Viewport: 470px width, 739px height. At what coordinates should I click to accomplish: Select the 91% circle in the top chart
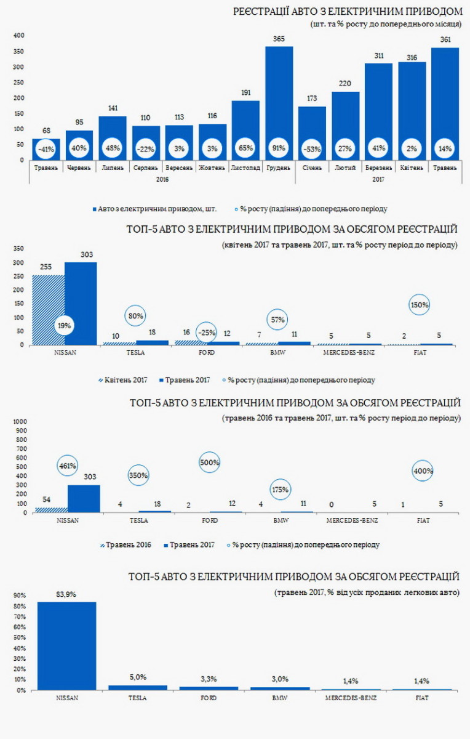coord(279,148)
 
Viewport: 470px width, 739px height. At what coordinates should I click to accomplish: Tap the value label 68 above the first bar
coord(46,130)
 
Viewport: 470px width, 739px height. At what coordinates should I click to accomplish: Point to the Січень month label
coord(312,168)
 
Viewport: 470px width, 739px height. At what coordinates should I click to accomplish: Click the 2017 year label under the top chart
coord(378,179)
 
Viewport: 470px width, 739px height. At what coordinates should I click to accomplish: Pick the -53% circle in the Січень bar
coord(312,148)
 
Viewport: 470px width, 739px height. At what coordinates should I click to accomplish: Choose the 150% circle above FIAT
coord(421,305)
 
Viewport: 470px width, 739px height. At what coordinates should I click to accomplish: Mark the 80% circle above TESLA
coord(136,316)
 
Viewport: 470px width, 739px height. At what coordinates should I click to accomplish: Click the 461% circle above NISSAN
coord(68,466)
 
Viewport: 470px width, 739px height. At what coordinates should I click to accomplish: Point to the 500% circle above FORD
coord(209,462)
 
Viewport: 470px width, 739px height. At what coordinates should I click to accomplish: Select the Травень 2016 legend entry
coord(124,545)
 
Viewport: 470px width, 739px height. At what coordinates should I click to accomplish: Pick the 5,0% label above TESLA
coord(137,677)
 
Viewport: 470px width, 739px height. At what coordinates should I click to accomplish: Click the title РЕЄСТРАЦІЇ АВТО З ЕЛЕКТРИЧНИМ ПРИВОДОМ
coord(348,11)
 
